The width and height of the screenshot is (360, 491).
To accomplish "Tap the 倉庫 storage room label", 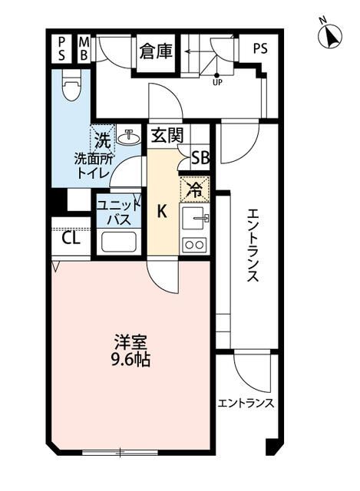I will tap(156, 51).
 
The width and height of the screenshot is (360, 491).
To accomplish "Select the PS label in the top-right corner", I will tap(260, 47).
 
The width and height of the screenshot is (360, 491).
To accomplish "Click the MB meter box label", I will tap(84, 49).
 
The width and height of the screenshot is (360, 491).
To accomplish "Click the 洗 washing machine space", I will tap(102, 139).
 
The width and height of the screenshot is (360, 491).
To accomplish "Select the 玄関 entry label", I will tap(167, 137).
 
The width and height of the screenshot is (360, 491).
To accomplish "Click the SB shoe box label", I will tap(200, 159).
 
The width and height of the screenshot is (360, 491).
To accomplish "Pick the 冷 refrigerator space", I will tap(194, 188).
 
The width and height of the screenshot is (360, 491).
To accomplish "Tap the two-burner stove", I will tap(193, 245).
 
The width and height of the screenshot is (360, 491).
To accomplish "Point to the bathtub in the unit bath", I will tap(117, 243).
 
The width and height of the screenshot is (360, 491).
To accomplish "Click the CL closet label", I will tap(71, 238).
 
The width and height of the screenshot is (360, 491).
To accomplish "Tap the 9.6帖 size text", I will tap(130, 359).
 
